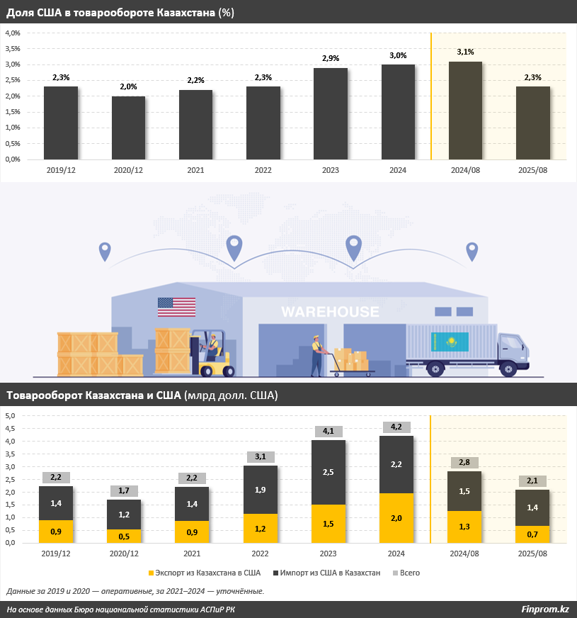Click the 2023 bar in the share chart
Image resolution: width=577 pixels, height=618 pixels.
pos(330,113)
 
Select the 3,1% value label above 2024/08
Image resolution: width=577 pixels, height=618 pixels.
pos(465,52)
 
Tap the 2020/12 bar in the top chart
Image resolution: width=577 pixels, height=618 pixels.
pos(128,128)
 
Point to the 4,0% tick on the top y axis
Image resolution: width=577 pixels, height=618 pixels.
pos(13,33)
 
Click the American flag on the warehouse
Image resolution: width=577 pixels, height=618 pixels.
pos(176,307)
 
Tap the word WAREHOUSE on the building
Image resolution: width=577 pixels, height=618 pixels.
pos(330,312)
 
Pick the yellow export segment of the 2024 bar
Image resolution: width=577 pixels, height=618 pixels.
pos(397,517)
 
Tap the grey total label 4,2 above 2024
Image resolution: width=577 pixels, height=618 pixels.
pos(396,427)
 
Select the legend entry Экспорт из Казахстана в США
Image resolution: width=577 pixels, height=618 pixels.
pos(204,572)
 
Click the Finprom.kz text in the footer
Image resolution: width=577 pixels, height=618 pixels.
pos(544,609)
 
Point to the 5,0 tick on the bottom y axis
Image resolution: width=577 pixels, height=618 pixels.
pos(11,416)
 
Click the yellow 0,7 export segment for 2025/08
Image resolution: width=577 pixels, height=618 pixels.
pos(533,534)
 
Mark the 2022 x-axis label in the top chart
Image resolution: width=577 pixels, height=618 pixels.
pos(263,170)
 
